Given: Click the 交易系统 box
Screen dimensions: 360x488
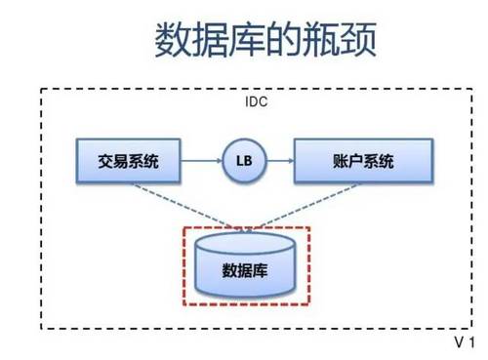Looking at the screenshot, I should tap(130, 162).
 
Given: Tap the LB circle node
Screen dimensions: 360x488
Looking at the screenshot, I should tap(243, 162).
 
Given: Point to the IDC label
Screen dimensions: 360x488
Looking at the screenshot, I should tap(255, 101).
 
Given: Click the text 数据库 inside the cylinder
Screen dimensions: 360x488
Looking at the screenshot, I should tap(247, 268).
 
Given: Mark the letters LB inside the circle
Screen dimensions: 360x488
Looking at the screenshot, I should tap(243, 162).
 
